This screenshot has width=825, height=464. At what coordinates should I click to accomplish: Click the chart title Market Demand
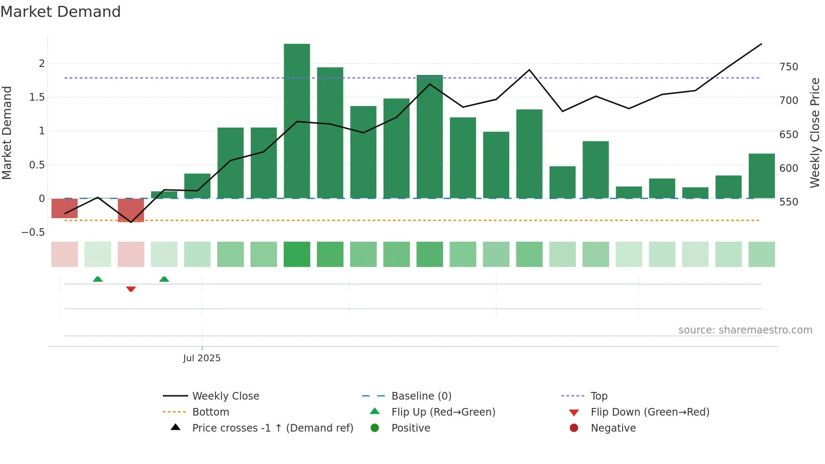(61, 12)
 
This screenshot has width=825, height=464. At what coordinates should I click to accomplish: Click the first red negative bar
(64, 208)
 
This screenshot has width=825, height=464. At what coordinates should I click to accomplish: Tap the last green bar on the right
(761, 176)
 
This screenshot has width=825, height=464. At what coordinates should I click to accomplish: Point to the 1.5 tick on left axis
(37, 97)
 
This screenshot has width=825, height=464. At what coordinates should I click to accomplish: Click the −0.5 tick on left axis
(33, 232)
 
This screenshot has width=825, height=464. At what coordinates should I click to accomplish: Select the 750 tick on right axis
(788, 67)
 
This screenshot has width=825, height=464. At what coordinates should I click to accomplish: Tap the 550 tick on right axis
(788, 202)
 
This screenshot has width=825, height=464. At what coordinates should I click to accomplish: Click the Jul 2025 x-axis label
(202, 358)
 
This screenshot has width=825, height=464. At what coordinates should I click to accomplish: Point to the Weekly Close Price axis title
(815, 133)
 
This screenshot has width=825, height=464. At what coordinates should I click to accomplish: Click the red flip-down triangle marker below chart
(131, 289)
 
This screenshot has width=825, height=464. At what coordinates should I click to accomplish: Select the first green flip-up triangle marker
(98, 279)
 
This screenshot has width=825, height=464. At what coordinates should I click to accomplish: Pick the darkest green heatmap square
(297, 254)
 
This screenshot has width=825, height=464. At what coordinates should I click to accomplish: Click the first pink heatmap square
(64, 254)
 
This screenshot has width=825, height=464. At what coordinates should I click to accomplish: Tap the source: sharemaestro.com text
(745, 330)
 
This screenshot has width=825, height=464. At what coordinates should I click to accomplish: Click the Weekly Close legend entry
(225, 396)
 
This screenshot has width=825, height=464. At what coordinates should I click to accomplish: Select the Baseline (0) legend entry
(421, 396)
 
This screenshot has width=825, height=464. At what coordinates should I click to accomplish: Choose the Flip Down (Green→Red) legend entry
(649, 412)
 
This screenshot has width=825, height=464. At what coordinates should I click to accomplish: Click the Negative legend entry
(613, 428)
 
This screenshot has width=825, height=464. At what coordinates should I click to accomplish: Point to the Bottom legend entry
(210, 412)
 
